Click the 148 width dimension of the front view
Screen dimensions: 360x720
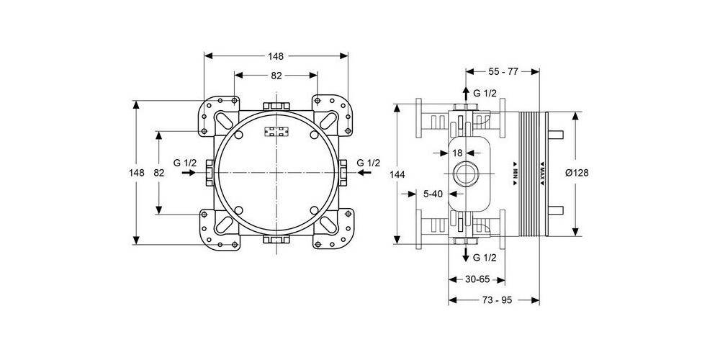click(x=276, y=56)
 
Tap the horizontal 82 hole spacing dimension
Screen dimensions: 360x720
click(x=276, y=76)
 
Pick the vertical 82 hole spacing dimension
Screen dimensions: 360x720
click(x=160, y=173)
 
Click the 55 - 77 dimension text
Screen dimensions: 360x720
click(x=503, y=72)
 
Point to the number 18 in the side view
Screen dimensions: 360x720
click(x=456, y=153)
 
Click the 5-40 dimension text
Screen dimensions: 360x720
click(x=433, y=193)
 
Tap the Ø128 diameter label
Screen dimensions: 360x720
click(x=578, y=174)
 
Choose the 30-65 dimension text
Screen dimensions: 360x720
click(x=476, y=279)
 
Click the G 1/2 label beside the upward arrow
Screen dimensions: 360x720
click(x=485, y=93)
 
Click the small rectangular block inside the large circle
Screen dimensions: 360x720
click(x=276, y=132)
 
